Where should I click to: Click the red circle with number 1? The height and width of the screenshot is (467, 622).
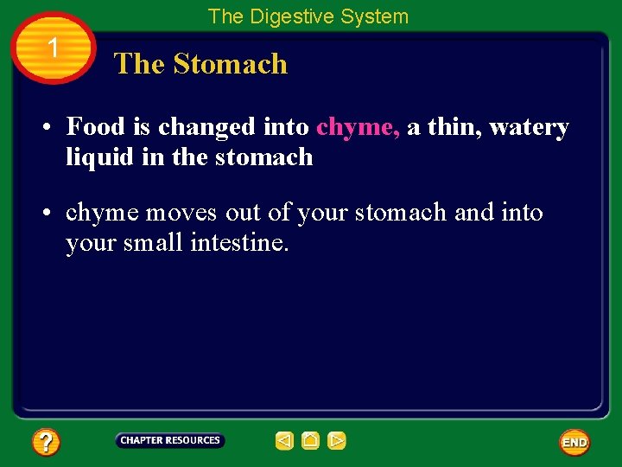point(54,48)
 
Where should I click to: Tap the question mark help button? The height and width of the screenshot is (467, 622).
point(45,443)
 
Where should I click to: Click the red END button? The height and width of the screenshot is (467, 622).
point(574,443)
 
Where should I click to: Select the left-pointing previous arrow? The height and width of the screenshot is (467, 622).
point(284,441)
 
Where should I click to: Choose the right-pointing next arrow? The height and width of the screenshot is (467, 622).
point(337,441)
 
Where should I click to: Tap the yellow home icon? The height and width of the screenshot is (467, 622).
point(311,441)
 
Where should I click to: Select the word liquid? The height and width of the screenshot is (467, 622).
point(97,157)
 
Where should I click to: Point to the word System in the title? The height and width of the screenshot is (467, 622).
point(375,16)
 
